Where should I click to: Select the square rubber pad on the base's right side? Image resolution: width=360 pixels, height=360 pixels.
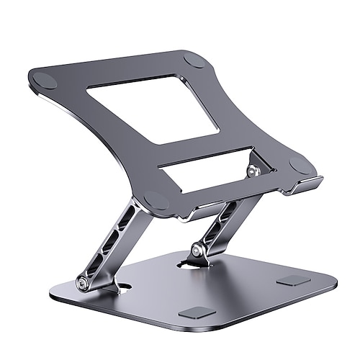coord(294,280)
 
